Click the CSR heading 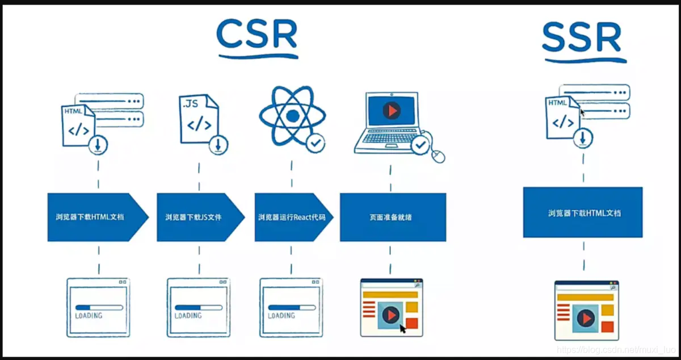(x=257, y=35)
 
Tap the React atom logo (x=292, y=116)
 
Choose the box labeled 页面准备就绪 (x=393, y=217)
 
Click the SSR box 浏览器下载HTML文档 (x=583, y=213)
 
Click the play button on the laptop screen (x=392, y=110)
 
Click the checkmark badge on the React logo (x=315, y=144)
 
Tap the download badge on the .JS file (x=217, y=145)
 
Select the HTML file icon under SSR (x=562, y=118)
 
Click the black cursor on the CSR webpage (x=403, y=328)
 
